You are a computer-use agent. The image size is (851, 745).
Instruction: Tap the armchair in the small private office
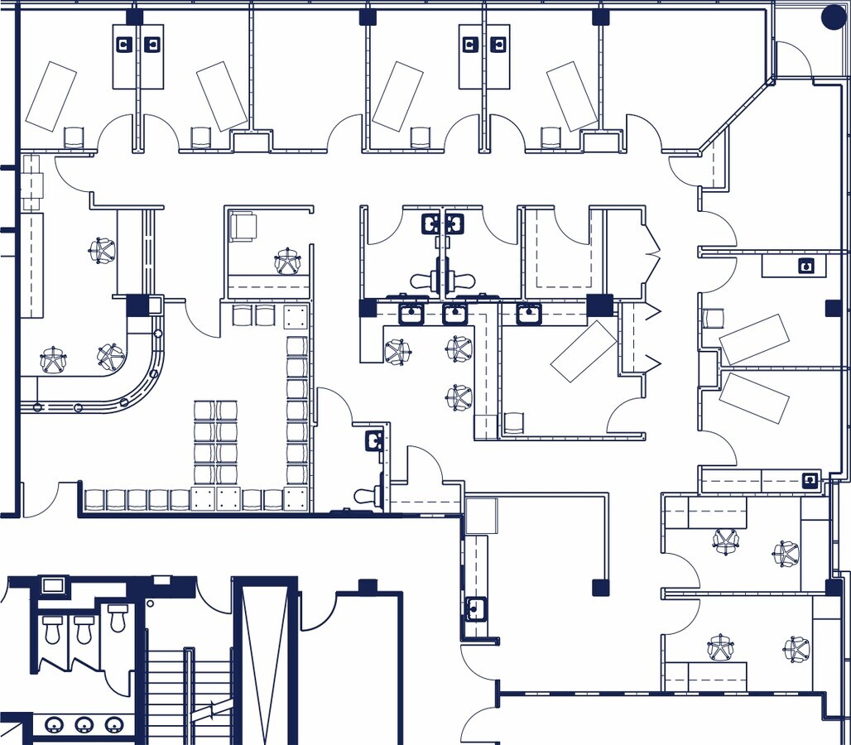[243, 227]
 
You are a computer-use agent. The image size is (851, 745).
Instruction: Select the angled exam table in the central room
[584, 351]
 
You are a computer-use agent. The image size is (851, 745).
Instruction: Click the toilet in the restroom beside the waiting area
[366, 496]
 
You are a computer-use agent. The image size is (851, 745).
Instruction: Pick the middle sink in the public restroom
[84, 725]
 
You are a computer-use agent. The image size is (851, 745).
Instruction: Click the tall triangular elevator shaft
[265, 662]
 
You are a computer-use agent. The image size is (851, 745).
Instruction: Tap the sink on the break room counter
[475, 608]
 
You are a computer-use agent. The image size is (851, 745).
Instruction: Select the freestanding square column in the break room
[600, 588]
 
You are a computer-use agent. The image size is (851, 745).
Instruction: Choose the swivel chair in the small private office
[287, 262]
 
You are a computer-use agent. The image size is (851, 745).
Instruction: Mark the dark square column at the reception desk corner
[137, 305]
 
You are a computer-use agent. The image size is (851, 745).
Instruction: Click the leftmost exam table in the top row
[50, 95]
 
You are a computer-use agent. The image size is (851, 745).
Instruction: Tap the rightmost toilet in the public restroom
[117, 618]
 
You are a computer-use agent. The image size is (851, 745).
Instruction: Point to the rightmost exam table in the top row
[572, 95]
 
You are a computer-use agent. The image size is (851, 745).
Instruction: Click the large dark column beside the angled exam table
[599, 305]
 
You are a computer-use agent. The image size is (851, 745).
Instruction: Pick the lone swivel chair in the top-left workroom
[103, 249]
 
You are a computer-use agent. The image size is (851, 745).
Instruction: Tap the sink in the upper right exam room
[805, 266]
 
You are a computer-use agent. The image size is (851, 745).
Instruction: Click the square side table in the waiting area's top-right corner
[296, 316]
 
